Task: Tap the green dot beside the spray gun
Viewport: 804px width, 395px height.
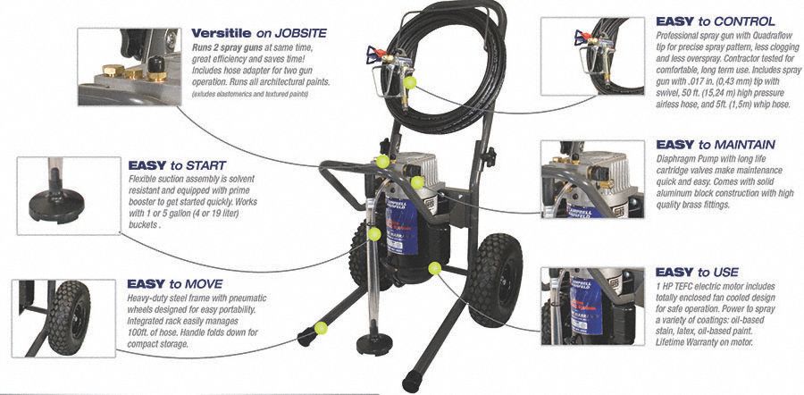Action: pos(410,81)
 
